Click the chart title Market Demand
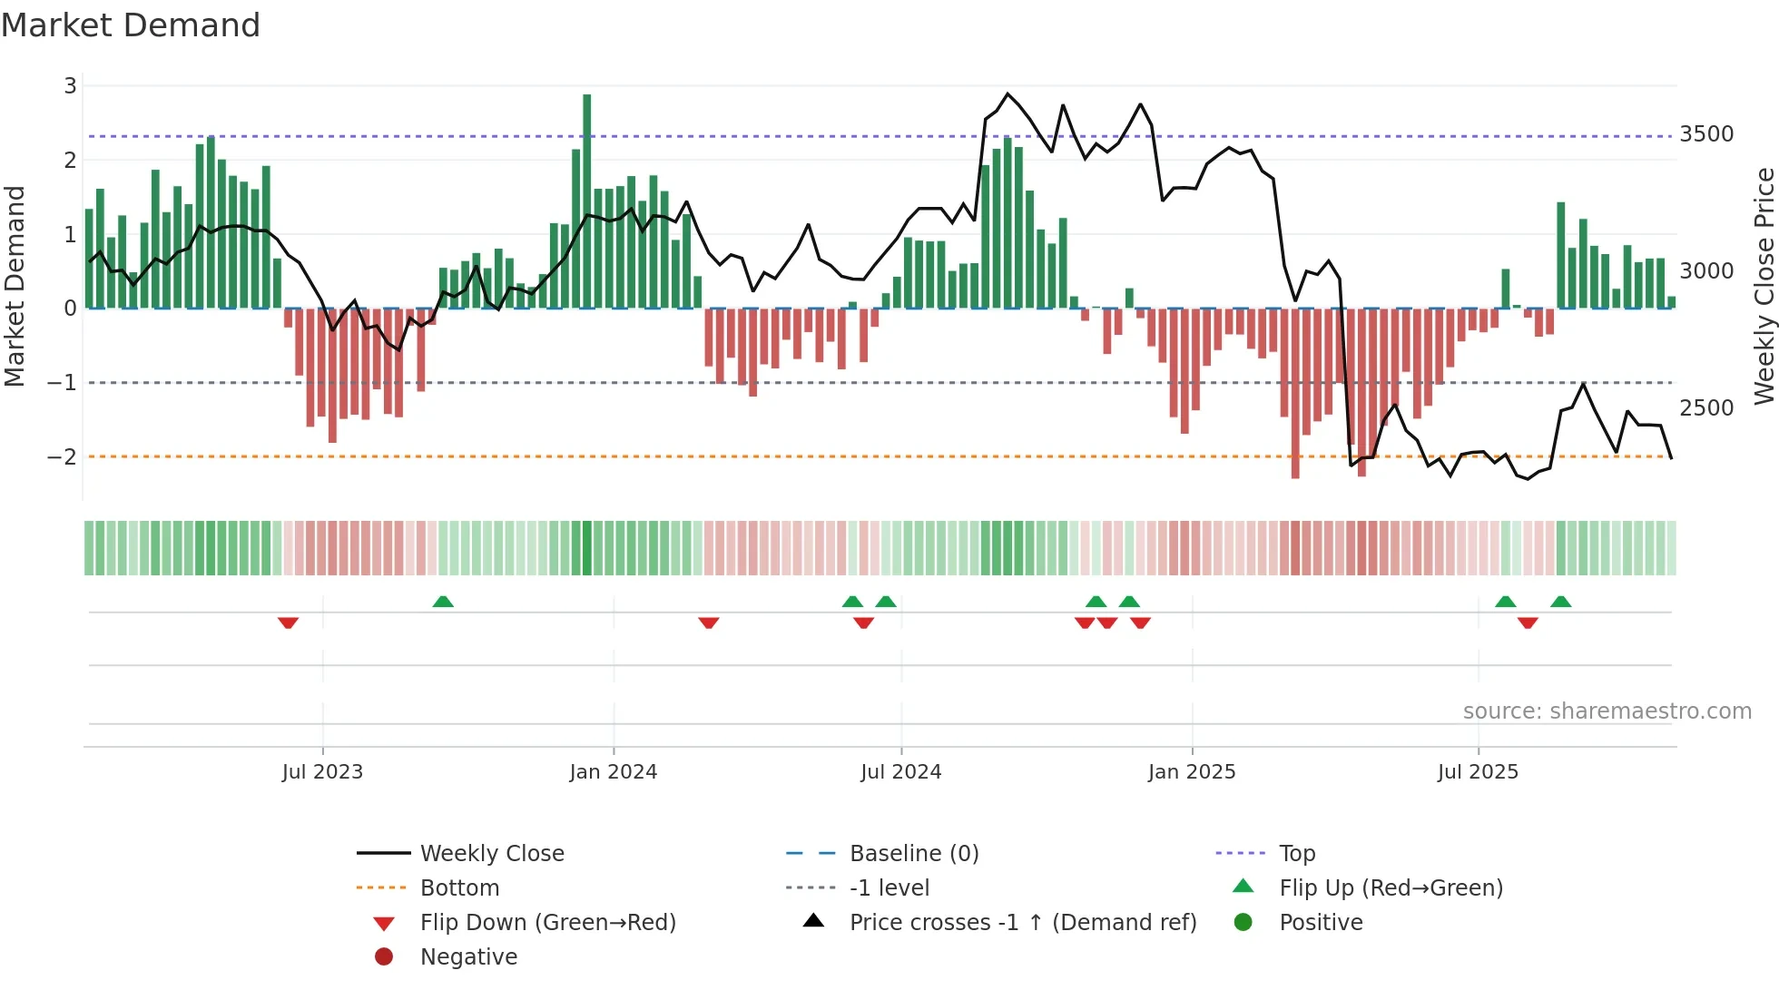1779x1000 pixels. [x=131, y=25]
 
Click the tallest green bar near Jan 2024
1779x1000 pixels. [x=587, y=200]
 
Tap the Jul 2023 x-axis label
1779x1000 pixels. [x=322, y=772]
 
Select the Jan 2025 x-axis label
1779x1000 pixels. [x=1192, y=772]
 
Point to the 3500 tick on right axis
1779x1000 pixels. [x=1706, y=134]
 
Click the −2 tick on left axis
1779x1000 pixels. [x=63, y=456]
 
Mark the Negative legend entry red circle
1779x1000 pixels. [x=384, y=957]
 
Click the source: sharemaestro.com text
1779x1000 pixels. [x=1607, y=711]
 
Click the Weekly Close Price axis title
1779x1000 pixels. [x=1764, y=286]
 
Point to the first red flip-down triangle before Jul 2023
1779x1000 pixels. [x=288, y=623]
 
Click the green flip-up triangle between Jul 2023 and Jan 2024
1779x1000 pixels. [x=443, y=602]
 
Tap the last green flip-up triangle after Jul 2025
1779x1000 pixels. [x=1561, y=602]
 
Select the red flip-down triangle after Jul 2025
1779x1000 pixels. [x=1528, y=623]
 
